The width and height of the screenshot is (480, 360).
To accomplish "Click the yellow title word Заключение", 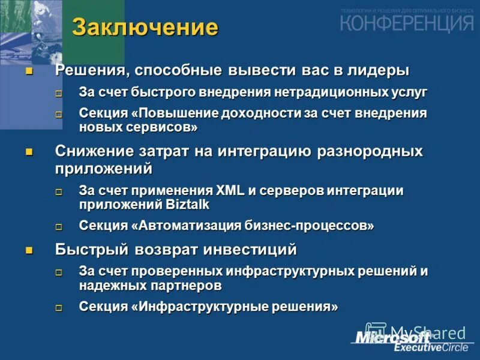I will point(145,27).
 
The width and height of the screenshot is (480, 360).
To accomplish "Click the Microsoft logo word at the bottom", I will point(393,337).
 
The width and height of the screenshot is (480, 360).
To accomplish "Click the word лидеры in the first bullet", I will point(377,70).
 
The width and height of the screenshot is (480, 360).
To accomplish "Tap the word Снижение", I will point(92,151).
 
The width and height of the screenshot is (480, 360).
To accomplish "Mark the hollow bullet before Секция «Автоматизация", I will point(59,227).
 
